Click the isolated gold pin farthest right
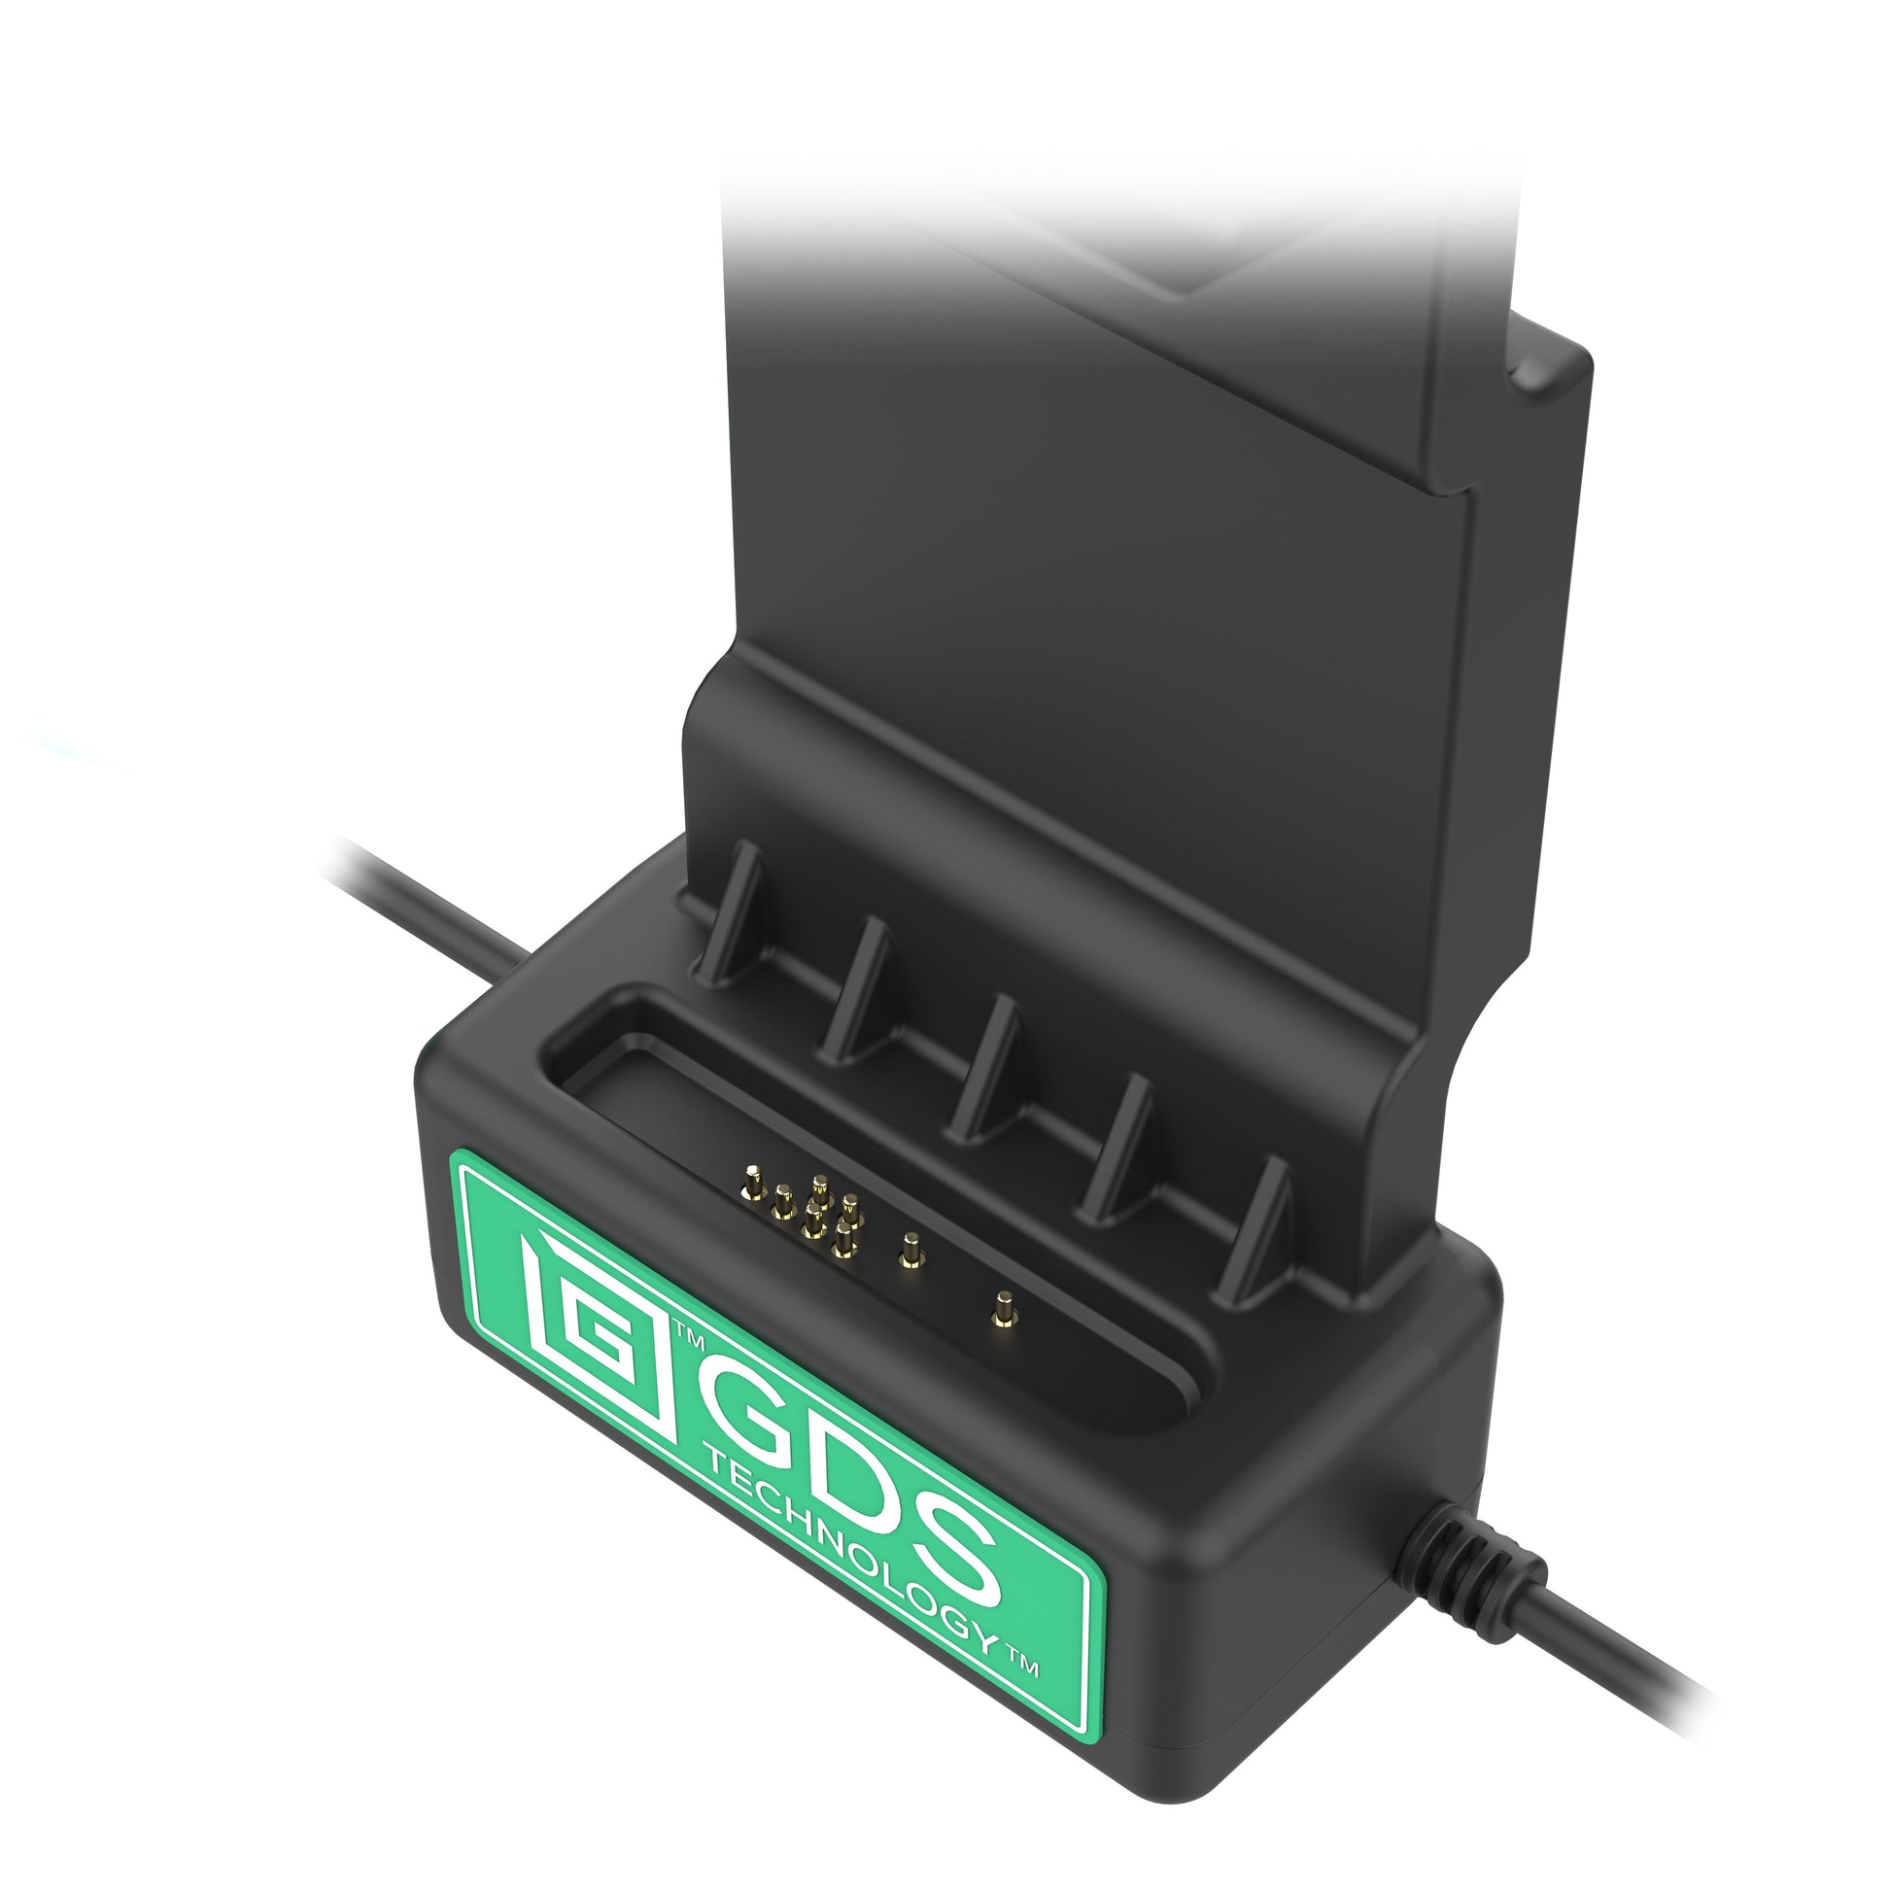(1001, 1310)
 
